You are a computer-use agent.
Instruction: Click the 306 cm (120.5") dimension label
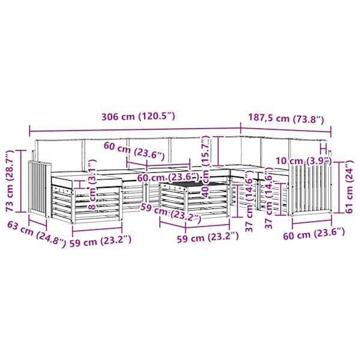(138, 116)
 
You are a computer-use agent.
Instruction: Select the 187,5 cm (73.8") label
(286, 118)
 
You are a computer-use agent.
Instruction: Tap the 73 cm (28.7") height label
(10, 181)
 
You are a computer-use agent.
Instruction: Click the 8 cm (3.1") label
(92, 184)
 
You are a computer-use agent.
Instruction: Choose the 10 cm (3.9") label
(304, 161)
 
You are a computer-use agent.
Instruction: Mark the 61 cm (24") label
(349, 187)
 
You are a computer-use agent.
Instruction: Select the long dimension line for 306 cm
(135, 130)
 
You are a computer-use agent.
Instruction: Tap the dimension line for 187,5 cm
(286, 130)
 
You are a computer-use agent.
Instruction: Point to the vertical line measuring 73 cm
(21, 181)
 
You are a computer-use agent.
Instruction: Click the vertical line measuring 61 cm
(339, 187)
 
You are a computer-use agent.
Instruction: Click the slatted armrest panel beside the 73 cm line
(39, 189)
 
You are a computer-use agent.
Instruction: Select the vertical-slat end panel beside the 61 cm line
(310, 190)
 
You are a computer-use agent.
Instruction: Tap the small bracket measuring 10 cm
(323, 149)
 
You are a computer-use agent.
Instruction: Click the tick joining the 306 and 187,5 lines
(241, 129)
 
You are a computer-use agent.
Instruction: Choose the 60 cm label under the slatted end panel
(314, 235)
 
